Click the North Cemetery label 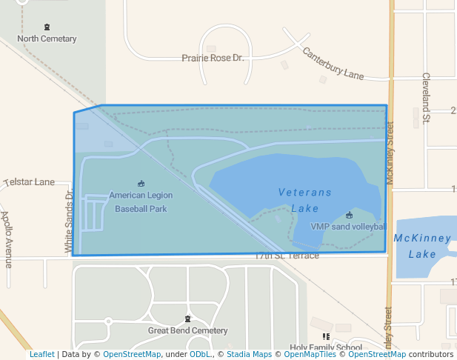pos(47,39)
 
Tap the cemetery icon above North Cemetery pos(47,27)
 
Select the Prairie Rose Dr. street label pos(213,58)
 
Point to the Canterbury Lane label pos(333,64)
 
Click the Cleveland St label pos(426,96)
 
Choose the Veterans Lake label pos(305,200)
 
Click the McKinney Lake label pos(422,246)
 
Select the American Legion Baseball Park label pos(141,202)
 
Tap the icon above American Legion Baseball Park pos(141,184)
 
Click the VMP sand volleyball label pos(348,227)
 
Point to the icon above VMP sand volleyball pos(349,215)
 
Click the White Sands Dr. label pos(68,221)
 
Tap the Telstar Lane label pos(30,181)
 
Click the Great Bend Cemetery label pos(187,330)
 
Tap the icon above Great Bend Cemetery pos(187,319)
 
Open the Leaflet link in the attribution pos(42,355)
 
